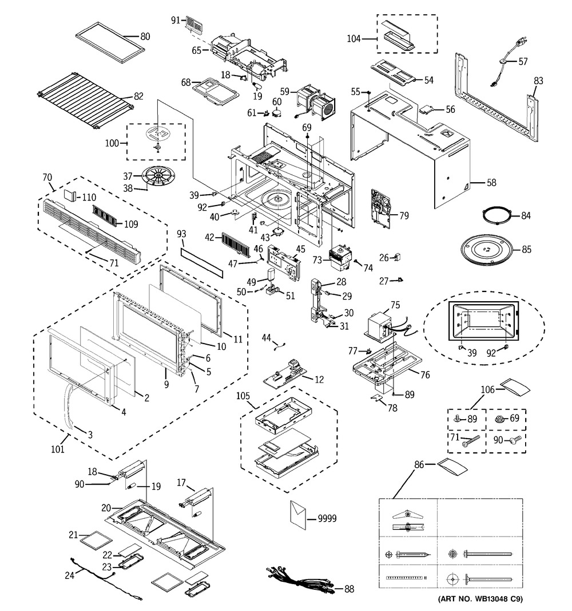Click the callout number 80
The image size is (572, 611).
pos(145,36)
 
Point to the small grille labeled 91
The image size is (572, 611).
pos(194,23)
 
